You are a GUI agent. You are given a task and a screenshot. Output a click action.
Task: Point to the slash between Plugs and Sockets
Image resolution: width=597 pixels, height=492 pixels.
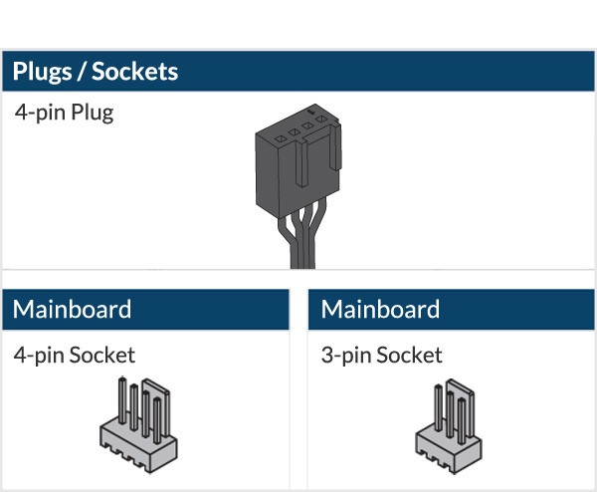point(82,72)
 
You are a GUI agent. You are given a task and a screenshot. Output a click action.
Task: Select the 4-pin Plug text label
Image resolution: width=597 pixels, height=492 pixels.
point(64,112)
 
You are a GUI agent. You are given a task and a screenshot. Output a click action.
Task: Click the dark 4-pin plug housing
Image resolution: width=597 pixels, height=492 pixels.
point(290,169)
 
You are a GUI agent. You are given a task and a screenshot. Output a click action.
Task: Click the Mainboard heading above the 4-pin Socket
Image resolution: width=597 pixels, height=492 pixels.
point(72,309)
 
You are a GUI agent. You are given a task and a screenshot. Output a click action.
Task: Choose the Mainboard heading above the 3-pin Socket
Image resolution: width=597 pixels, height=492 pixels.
point(380,309)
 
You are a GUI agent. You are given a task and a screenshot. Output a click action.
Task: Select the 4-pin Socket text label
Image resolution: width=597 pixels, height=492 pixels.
point(75,355)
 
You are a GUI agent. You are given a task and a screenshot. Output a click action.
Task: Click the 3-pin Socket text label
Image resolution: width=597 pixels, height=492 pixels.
point(382,355)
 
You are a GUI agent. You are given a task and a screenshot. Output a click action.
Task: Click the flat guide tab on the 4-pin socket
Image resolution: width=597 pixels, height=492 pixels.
point(154,402)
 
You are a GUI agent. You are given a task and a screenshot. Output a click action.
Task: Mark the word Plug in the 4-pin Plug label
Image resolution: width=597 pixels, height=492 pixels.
point(94,112)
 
